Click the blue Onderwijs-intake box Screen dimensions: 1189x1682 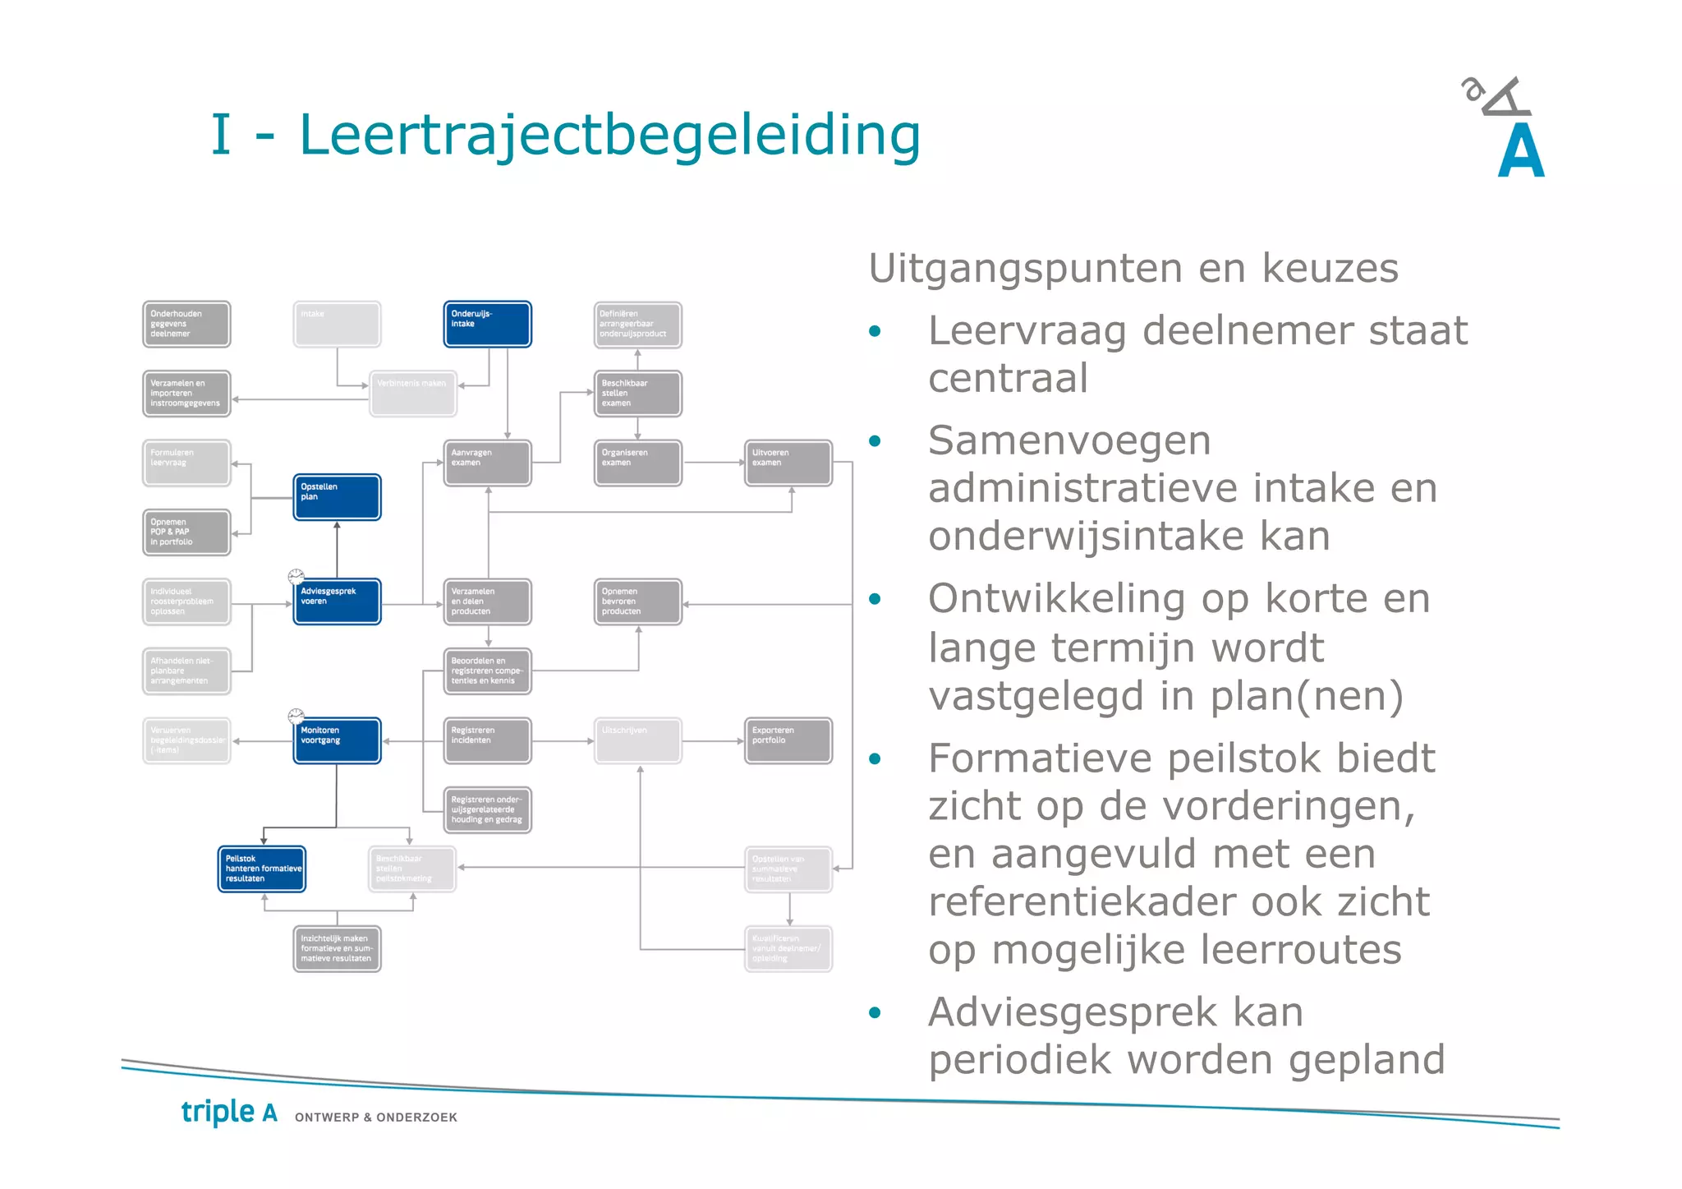(x=487, y=324)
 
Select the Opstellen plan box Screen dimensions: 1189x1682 (x=337, y=497)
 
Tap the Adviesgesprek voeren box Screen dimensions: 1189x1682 (x=337, y=601)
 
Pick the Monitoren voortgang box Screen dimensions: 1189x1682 (x=337, y=740)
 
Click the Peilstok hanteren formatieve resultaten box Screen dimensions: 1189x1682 (x=262, y=869)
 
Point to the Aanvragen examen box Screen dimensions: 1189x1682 (x=487, y=463)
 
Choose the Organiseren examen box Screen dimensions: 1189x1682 (x=637, y=463)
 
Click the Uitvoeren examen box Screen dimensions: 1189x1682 (x=788, y=463)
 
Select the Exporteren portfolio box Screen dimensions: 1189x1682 (x=788, y=740)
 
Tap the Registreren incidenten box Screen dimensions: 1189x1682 (x=487, y=740)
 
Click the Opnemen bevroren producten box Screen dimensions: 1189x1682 (x=637, y=601)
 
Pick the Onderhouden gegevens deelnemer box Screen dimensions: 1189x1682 (x=186, y=324)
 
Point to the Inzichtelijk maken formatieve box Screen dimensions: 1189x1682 (x=337, y=948)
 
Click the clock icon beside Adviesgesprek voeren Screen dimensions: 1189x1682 (x=296, y=576)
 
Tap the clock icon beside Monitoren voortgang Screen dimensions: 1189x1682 (x=296, y=716)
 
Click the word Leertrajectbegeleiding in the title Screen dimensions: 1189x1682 (x=609, y=135)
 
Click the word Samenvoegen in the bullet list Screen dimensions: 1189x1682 (x=1069, y=441)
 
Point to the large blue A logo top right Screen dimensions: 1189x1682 (x=1520, y=151)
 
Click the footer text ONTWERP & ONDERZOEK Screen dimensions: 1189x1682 (x=376, y=1118)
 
